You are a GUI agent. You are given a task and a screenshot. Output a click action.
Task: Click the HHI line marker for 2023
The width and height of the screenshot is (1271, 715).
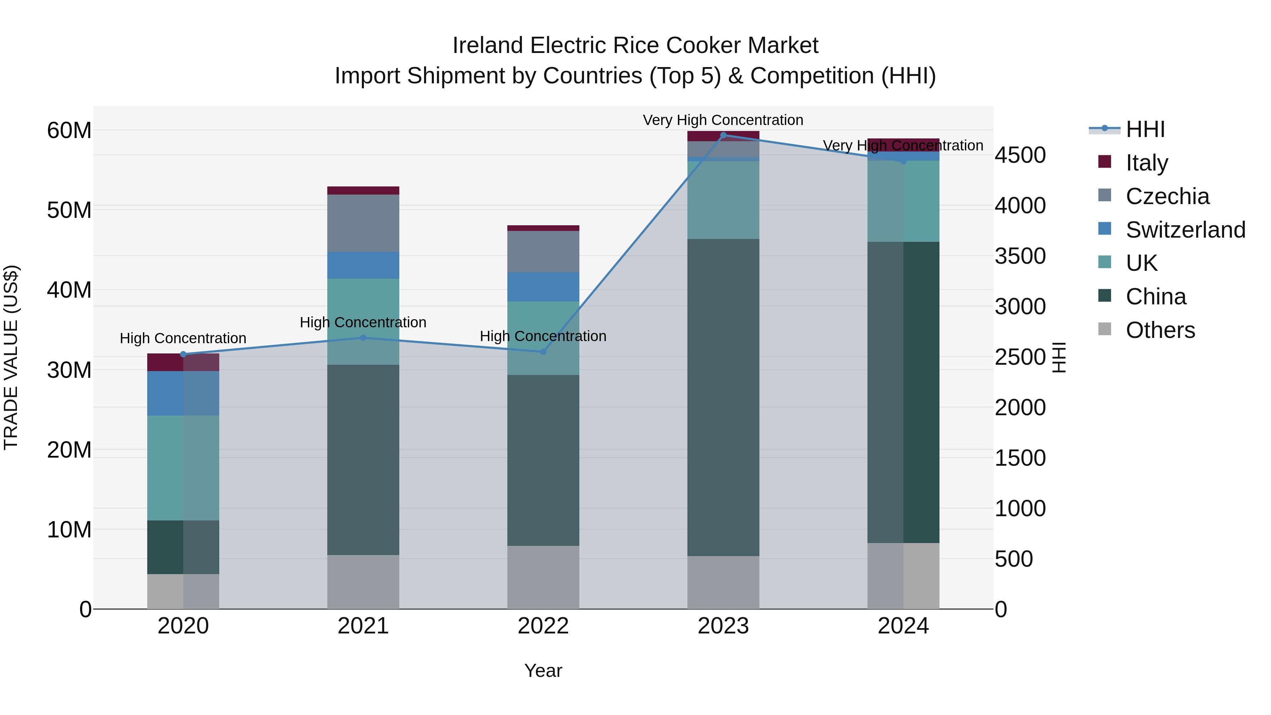(723, 135)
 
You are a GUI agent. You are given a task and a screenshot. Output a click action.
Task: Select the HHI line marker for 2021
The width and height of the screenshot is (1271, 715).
(363, 338)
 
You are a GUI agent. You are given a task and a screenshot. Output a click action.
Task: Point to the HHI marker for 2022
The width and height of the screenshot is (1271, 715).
(543, 352)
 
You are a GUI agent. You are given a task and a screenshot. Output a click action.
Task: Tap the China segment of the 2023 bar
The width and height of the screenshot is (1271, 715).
(723, 397)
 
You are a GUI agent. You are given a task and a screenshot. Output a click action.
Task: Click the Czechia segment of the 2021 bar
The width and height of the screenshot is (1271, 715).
(363, 223)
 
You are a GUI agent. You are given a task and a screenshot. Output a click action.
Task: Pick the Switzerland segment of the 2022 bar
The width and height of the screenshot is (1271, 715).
(543, 287)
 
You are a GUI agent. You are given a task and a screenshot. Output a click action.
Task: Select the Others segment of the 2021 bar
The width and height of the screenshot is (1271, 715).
(363, 582)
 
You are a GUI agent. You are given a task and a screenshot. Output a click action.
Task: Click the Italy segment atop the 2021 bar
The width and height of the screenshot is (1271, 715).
(363, 190)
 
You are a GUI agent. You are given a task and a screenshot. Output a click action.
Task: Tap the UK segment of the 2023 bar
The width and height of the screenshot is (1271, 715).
(723, 200)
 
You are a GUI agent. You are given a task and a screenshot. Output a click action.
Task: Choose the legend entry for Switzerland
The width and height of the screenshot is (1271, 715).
(1185, 230)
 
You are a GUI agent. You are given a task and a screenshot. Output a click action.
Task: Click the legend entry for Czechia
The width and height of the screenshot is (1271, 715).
(1168, 196)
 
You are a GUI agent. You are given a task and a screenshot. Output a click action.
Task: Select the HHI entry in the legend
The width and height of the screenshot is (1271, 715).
(1145, 129)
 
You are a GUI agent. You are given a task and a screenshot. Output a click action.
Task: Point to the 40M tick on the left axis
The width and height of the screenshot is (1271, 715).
(69, 290)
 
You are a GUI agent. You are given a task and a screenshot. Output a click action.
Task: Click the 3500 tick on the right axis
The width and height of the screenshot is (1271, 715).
(1020, 256)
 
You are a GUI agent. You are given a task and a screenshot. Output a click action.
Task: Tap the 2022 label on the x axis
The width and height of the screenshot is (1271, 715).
(543, 626)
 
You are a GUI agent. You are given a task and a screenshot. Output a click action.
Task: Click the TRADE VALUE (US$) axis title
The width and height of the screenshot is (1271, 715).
(11, 357)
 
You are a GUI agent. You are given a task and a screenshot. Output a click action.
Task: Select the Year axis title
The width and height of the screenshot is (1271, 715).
(543, 671)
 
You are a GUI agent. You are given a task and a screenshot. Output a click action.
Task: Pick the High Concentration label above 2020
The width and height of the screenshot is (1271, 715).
(183, 339)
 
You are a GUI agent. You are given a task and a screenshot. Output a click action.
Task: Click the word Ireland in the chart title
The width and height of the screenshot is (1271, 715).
(488, 46)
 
